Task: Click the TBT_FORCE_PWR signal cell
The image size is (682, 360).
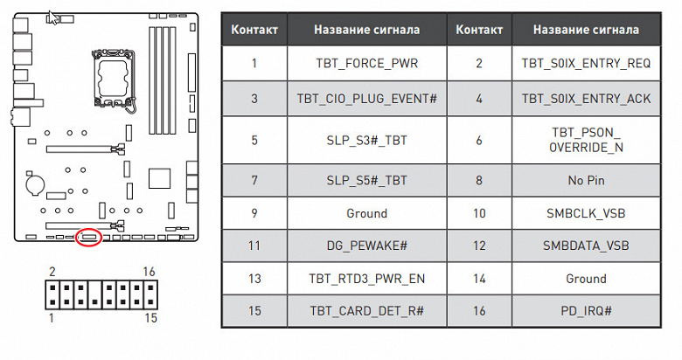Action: [366, 63]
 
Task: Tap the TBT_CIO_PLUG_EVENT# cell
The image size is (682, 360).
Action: [366, 99]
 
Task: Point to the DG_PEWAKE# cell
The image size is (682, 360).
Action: [366, 246]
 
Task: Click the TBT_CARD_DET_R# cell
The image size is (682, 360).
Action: [366, 311]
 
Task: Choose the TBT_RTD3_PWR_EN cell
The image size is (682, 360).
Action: [366, 279]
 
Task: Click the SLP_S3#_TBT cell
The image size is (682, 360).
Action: [366, 140]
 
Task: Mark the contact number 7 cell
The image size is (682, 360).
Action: [254, 181]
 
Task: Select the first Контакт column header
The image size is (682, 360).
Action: [254, 30]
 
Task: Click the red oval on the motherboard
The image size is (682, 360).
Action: [88, 237]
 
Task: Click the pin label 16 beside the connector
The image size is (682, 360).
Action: [150, 273]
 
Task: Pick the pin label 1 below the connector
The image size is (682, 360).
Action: [52, 319]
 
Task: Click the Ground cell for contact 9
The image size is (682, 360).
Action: [366, 213]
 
